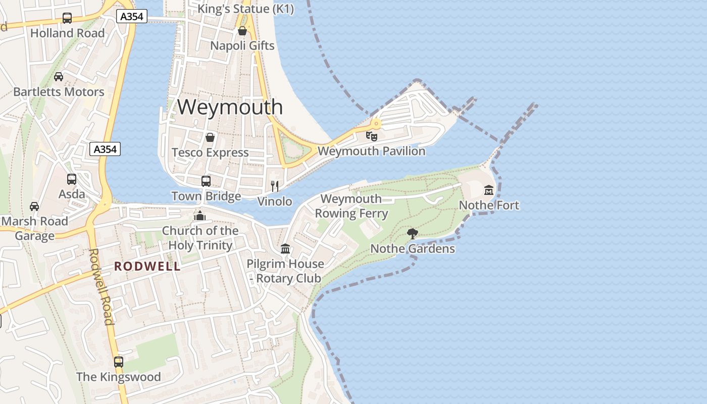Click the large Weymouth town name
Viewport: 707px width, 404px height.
230,107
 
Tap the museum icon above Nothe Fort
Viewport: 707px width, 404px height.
489,190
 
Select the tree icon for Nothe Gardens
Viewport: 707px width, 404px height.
413,233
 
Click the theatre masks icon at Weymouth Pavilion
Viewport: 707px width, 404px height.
372,136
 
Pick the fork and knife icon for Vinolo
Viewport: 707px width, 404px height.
275,186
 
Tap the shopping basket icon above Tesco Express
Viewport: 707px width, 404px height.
210,137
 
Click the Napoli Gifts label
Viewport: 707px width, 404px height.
242,45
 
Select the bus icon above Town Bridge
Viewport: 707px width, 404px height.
206,181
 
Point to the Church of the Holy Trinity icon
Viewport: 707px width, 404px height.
200,216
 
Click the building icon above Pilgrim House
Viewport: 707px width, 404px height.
285,248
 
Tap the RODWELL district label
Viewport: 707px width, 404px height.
147,266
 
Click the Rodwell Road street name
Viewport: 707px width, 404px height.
100,286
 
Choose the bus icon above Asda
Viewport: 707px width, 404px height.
72,179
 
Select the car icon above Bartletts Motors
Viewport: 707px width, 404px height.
59,77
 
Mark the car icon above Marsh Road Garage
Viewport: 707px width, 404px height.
34,206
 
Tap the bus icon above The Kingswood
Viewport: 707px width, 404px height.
119,362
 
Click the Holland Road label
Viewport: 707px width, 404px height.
68,33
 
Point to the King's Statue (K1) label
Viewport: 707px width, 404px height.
245,9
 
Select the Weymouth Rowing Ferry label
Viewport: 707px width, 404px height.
351,206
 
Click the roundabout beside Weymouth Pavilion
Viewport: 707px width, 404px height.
376,123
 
